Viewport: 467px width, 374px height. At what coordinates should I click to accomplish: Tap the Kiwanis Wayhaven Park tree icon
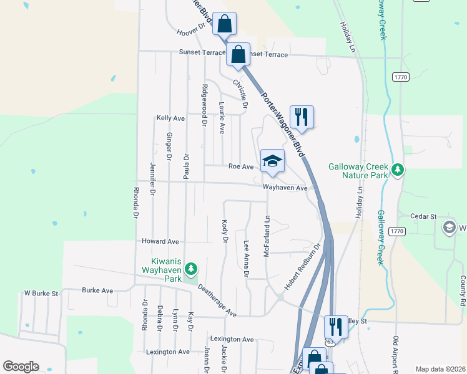pos(191,269)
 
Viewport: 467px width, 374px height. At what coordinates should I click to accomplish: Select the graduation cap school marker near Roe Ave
pos(272,161)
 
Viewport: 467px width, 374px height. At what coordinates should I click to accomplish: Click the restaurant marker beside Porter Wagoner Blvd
pos(302,117)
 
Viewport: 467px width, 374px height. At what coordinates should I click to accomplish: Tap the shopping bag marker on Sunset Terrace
pos(238,54)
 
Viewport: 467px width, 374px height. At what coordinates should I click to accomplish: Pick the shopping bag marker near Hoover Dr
pos(224,24)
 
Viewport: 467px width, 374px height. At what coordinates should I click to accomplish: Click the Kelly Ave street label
pos(170,118)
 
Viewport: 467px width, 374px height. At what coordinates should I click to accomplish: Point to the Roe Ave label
pos(241,166)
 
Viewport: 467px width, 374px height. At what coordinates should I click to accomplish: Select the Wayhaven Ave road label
pos(285,188)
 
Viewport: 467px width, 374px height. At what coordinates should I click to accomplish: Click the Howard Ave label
pos(160,241)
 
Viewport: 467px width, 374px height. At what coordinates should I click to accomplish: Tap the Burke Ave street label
pos(97,290)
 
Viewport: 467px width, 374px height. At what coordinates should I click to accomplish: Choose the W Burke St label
pos(41,292)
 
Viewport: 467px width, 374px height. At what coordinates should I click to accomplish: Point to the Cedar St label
pos(423,216)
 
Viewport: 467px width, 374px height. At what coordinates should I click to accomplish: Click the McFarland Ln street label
pos(267,237)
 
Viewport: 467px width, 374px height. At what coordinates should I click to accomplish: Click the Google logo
pos(21,367)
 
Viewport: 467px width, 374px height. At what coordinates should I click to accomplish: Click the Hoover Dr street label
pos(191,29)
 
